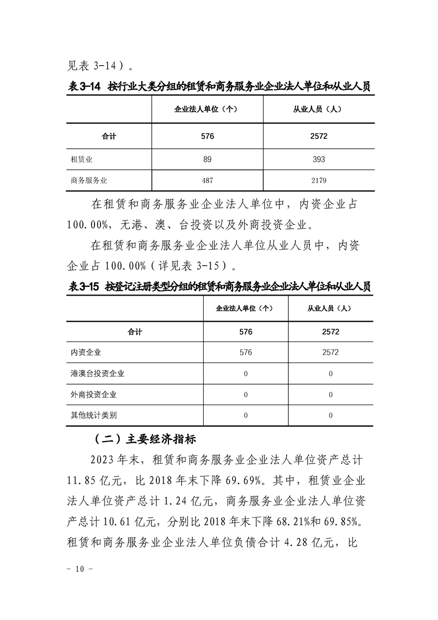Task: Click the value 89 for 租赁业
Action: tap(208, 159)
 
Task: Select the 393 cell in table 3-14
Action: tap(319, 159)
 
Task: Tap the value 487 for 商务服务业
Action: tap(208, 180)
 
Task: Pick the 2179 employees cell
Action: tap(319, 180)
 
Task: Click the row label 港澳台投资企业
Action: tap(94, 373)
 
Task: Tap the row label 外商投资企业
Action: tap(90, 395)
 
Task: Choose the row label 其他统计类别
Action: tap(90, 415)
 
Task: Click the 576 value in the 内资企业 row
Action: tap(246, 352)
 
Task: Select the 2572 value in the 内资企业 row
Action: tap(330, 352)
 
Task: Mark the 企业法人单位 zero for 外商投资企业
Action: tap(246, 395)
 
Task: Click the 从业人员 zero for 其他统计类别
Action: tap(330, 415)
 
